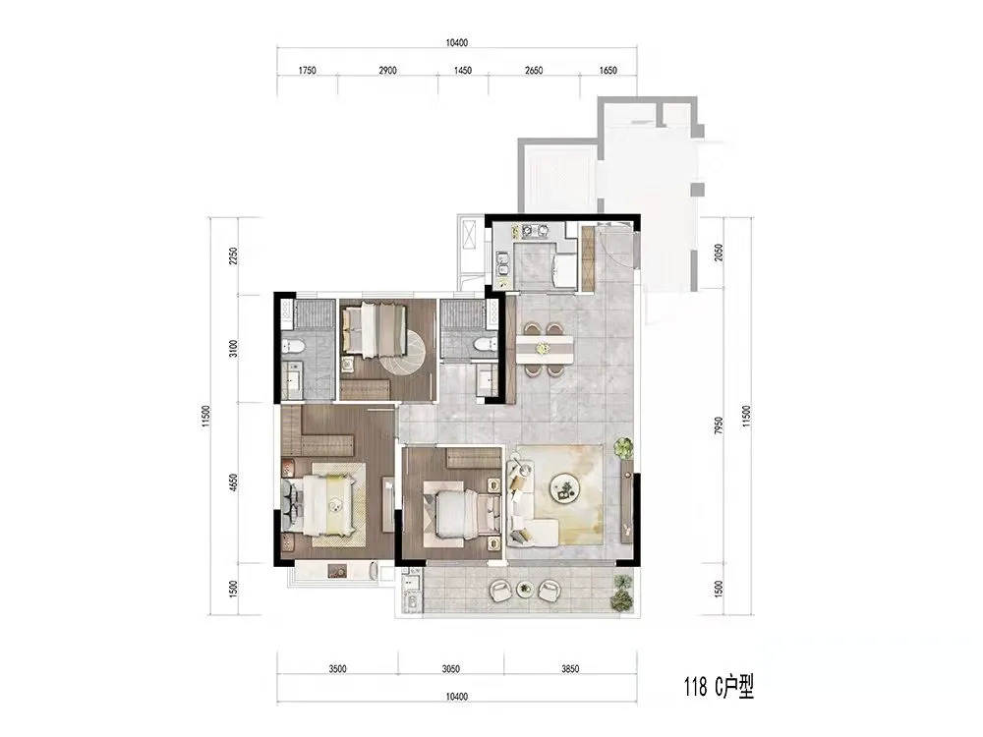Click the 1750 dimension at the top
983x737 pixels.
(x=307, y=70)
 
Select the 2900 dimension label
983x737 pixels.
(x=387, y=70)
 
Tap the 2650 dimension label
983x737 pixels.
(x=534, y=70)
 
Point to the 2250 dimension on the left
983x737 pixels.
(x=233, y=256)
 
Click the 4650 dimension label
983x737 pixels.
(x=233, y=482)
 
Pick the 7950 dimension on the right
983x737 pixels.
(x=720, y=425)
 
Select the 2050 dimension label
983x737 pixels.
(x=720, y=253)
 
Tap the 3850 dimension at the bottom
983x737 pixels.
(x=570, y=668)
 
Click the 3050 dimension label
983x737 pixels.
(x=451, y=668)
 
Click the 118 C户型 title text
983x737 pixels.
(x=719, y=687)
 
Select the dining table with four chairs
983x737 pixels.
(x=545, y=350)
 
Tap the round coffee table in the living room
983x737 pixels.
(x=565, y=487)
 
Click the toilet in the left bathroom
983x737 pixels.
(x=293, y=345)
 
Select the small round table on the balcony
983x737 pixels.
(x=524, y=589)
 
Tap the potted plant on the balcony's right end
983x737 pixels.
(x=622, y=593)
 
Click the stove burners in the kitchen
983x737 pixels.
(x=532, y=231)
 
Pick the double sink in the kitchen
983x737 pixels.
(x=502, y=264)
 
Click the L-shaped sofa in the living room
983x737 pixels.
(x=529, y=503)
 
